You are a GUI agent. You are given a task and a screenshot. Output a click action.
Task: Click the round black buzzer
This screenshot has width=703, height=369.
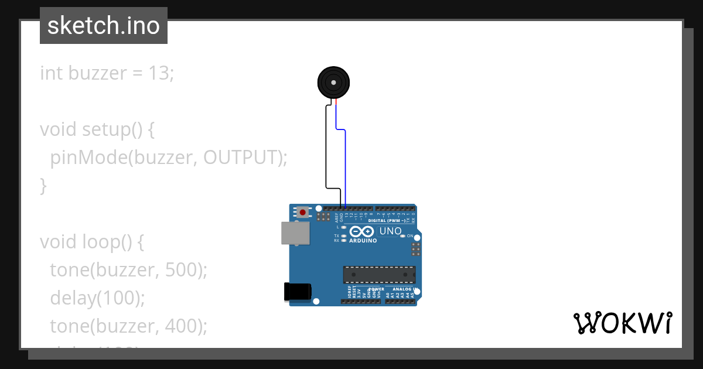click(x=333, y=83)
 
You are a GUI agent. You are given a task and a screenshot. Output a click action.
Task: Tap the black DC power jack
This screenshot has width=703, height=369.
click(x=297, y=292)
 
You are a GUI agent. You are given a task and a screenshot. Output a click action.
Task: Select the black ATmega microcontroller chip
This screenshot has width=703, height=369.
click(x=379, y=274)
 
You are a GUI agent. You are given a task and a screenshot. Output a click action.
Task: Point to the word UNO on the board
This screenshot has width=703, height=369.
click(x=391, y=231)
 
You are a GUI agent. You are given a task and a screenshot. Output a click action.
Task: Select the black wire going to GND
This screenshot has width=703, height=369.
click(x=326, y=146)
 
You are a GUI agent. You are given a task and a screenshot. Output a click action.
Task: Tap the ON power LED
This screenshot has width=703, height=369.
click(x=403, y=235)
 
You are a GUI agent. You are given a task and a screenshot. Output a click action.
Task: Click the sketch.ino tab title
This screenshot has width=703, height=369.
click(x=103, y=26)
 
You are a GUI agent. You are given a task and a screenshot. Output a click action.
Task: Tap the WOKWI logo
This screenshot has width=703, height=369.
click(x=623, y=323)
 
